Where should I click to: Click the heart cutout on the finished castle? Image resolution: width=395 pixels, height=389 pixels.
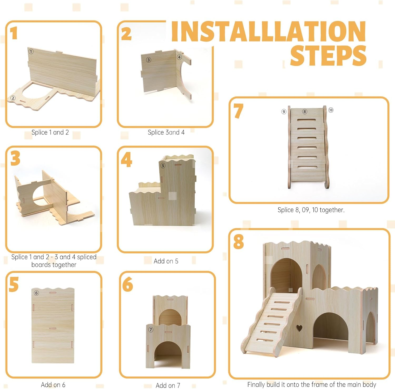click(299, 328)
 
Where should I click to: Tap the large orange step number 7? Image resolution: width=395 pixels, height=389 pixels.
click(238, 111)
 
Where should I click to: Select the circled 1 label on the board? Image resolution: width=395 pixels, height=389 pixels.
click(31, 51)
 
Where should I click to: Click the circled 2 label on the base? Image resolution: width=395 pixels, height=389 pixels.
click(13, 98)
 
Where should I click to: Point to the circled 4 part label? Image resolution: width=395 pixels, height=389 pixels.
click(179, 57)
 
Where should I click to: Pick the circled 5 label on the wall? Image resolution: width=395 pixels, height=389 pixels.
click(163, 166)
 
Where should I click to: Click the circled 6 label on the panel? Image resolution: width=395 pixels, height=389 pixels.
click(37, 293)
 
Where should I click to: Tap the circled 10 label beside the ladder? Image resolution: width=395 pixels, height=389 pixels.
click(331, 110)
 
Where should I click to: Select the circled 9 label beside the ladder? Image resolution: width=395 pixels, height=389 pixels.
click(284, 112)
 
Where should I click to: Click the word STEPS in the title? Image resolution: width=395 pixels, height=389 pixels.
click(328, 56)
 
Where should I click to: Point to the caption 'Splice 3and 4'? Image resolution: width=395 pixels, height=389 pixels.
click(166, 132)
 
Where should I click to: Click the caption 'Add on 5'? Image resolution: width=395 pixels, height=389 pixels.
click(166, 261)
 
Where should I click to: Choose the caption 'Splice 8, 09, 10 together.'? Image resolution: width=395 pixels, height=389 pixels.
click(311, 210)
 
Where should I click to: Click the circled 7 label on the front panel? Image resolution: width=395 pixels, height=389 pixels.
click(151, 330)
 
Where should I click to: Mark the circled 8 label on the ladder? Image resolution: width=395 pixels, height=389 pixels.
click(305, 112)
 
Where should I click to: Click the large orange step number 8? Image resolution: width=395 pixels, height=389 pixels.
click(239, 242)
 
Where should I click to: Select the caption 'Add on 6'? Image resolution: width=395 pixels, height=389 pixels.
click(53, 385)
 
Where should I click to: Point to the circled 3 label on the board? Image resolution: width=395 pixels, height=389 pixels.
click(149, 60)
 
